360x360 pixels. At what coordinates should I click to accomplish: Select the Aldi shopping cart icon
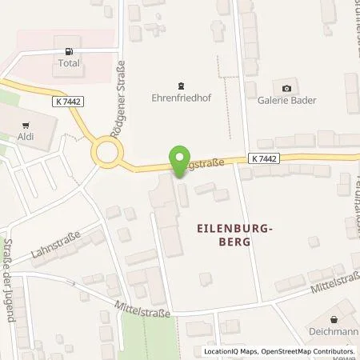click(x=26, y=124)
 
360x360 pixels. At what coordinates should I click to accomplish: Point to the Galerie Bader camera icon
click(x=286, y=87)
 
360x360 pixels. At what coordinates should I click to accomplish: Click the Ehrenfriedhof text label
click(x=182, y=101)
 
